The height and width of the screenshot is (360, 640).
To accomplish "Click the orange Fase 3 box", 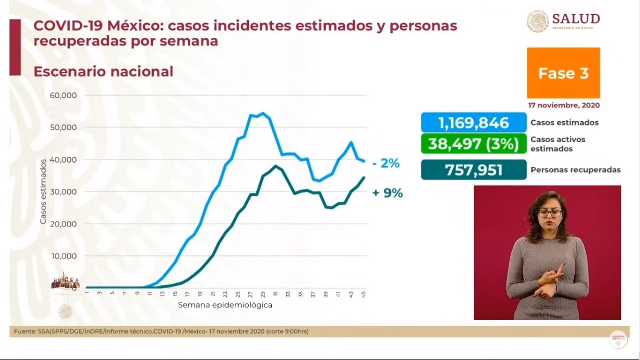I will pos(563,73).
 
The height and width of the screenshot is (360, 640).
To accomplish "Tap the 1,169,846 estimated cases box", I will pos(473,123).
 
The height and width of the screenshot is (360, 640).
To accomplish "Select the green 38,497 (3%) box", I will pos(473,144).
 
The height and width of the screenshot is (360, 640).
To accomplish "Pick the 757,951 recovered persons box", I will pos(473,170).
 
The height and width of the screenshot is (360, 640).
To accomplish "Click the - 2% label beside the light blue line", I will pos(387,164).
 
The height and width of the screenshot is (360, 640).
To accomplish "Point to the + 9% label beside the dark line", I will pos(387,193).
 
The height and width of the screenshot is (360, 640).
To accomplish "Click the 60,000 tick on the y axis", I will pos(63,95).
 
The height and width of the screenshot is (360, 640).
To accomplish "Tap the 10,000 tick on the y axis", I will pos(63,256).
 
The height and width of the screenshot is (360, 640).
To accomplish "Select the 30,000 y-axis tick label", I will pos(63,192).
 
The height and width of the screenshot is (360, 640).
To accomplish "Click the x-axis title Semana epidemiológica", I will pos(225,305).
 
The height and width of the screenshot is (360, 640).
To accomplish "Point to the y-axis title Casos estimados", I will pos(43,191).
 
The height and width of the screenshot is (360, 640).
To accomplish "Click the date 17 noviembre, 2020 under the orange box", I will pos(564,105).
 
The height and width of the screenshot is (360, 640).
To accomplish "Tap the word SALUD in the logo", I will pos(576,19).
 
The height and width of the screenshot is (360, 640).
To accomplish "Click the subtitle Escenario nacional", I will pos(103,72).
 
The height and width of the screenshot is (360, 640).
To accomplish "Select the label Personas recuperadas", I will pos(575,170).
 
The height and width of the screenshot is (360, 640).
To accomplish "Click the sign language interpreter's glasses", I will pos(550,213).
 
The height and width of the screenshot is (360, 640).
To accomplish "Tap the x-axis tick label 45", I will pos(363,294).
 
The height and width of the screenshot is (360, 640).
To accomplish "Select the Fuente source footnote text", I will pos(161,331).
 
